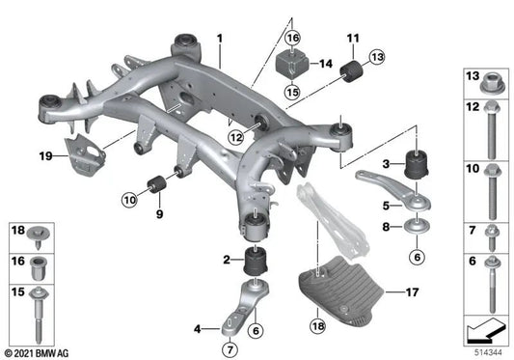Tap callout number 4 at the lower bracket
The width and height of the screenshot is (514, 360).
point(200,329)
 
